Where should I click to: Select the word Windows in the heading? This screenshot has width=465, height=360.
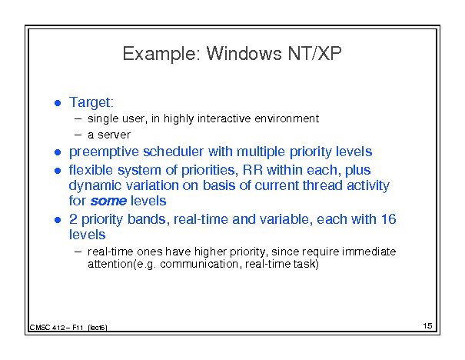click(244, 53)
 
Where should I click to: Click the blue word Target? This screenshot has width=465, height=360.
click(91, 102)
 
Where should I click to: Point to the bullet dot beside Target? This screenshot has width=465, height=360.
click(58, 103)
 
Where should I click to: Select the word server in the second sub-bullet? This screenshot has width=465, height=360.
click(114, 135)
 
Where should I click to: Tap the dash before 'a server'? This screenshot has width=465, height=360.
click(78, 135)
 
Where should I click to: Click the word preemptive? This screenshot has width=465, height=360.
click(104, 152)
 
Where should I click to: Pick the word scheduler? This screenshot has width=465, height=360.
click(174, 152)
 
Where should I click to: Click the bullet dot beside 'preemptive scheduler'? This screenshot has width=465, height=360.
click(58, 152)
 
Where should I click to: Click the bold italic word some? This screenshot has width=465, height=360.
click(108, 202)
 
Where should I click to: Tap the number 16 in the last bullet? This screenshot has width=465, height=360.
click(388, 219)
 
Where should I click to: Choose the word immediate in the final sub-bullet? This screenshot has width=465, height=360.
click(369, 252)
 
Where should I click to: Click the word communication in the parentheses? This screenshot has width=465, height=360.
click(199, 264)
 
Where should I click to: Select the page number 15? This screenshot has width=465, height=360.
click(427, 326)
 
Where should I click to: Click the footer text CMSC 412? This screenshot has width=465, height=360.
click(47, 328)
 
